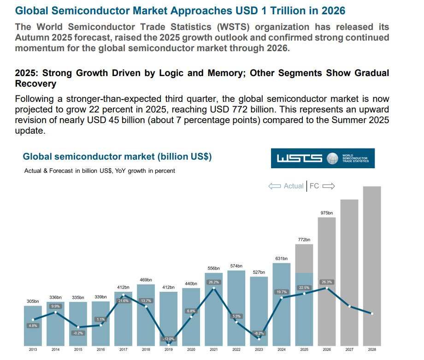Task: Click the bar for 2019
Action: [x=168, y=318]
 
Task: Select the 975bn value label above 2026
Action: [x=327, y=212]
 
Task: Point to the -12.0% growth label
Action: [x=169, y=339]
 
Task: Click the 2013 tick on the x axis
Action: [x=33, y=350]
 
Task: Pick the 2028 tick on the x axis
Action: [x=372, y=350]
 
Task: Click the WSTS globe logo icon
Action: [x=332, y=159]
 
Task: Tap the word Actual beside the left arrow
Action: [x=294, y=186]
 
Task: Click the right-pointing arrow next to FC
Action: [x=328, y=186]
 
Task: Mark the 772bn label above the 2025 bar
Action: [x=304, y=240]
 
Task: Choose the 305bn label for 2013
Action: [x=33, y=301]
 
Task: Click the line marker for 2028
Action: [x=372, y=314]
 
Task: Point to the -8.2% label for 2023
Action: [x=259, y=333]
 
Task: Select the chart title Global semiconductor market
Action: [x=117, y=157]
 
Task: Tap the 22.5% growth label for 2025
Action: [x=305, y=288]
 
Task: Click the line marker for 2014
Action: [x=55, y=312]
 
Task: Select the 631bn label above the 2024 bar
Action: [x=282, y=259]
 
